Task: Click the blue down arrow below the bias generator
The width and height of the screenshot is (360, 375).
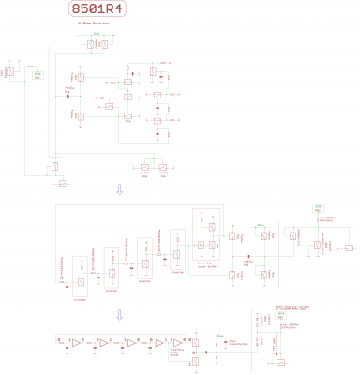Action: coord(118,189)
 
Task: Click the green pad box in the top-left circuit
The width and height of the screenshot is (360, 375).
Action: coord(37,75)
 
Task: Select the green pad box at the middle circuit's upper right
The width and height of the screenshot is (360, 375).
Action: coord(318,207)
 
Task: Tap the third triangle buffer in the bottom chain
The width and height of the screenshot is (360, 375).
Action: coord(133,344)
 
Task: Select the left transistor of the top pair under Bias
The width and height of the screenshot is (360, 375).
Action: coord(89,43)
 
